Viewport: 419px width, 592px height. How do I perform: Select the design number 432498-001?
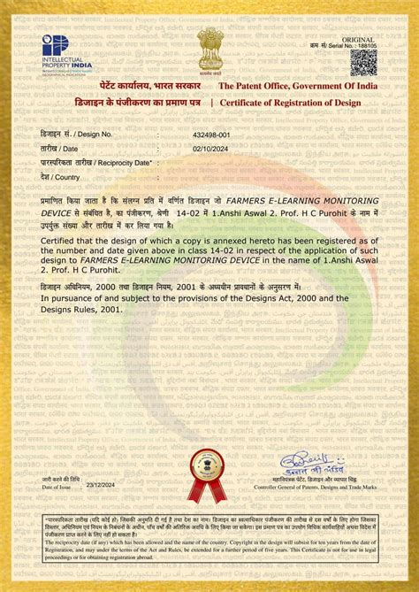click(x=210, y=134)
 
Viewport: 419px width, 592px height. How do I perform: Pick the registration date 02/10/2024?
click(x=210, y=149)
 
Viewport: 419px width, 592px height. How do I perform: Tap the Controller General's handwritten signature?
click(x=304, y=463)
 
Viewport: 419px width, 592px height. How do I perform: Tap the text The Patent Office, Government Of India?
click(x=299, y=86)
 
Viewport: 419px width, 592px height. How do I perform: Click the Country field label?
click(x=67, y=177)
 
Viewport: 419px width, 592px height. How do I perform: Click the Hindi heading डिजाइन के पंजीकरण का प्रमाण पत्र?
click(x=122, y=104)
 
